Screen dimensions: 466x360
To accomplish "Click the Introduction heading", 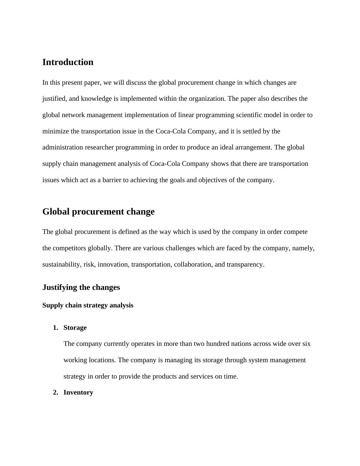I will click(68, 62).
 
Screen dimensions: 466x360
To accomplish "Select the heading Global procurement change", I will click(98, 212).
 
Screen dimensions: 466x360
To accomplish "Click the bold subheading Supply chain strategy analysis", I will click(88, 305).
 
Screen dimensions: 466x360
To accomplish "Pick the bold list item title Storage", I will click(75, 328).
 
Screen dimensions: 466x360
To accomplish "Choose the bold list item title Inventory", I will click(78, 392).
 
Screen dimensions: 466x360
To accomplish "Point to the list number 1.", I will click(55, 328).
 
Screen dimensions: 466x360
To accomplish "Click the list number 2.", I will click(55, 392).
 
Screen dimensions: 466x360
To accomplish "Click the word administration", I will click(62, 147).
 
